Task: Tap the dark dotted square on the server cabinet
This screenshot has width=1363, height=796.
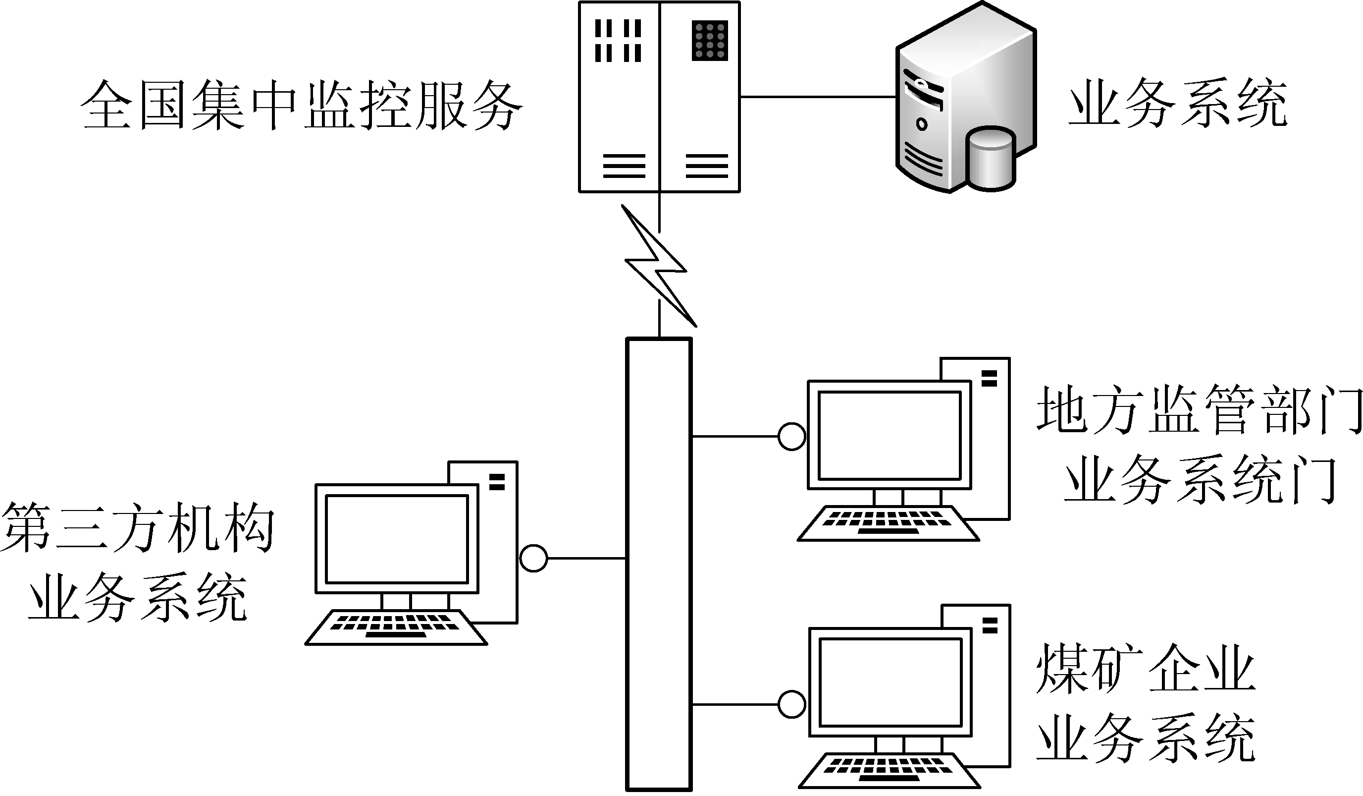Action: pos(710,41)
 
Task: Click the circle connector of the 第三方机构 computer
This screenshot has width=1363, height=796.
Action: pos(533,558)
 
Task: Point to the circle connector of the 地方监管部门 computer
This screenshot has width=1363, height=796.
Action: pos(792,436)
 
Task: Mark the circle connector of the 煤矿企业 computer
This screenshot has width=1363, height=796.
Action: pos(792,704)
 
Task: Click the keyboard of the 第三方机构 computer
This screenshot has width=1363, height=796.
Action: pos(396,627)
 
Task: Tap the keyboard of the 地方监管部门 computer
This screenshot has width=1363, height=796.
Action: pos(888,523)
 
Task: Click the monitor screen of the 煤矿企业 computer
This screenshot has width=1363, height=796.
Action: pos(891,682)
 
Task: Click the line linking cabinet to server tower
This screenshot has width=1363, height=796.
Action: pos(817,97)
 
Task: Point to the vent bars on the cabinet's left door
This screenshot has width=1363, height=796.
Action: pos(618,41)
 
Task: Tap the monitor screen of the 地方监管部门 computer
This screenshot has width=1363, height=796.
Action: pos(890,435)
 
